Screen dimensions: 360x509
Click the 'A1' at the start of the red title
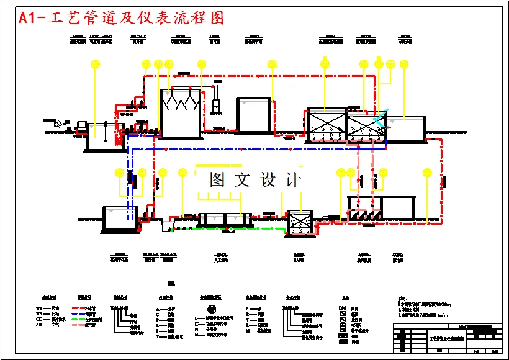click(29, 18)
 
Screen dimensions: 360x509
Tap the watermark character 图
click(217, 180)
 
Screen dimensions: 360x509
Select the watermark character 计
click(292, 180)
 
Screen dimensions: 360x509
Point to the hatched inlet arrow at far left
click(60, 124)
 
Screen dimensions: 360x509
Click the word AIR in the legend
click(39, 325)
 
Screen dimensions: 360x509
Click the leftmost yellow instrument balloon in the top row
click(95, 64)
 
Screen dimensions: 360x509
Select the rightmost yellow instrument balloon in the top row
click(404, 64)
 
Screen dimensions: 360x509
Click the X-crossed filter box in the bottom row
click(300, 222)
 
